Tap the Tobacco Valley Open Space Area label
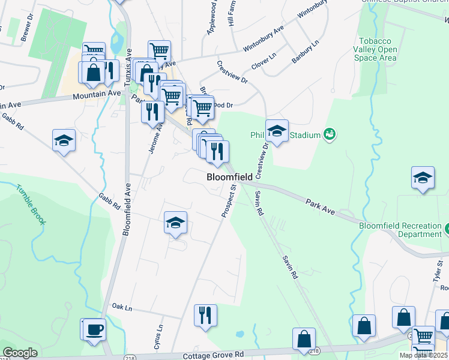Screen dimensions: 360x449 tap(375, 50)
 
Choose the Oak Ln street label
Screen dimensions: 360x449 tap(121, 307)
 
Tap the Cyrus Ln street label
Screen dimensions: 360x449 tap(159, 337)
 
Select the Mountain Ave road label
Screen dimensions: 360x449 tap(97, 94)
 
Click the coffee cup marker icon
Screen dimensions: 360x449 tap(95, 329)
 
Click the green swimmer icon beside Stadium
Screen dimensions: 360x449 tap(329, 134)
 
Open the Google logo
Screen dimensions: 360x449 tap(20, 353)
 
